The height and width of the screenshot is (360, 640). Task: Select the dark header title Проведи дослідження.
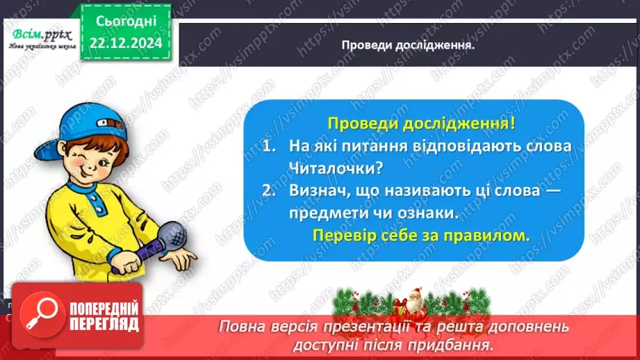(x=407, y=45)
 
